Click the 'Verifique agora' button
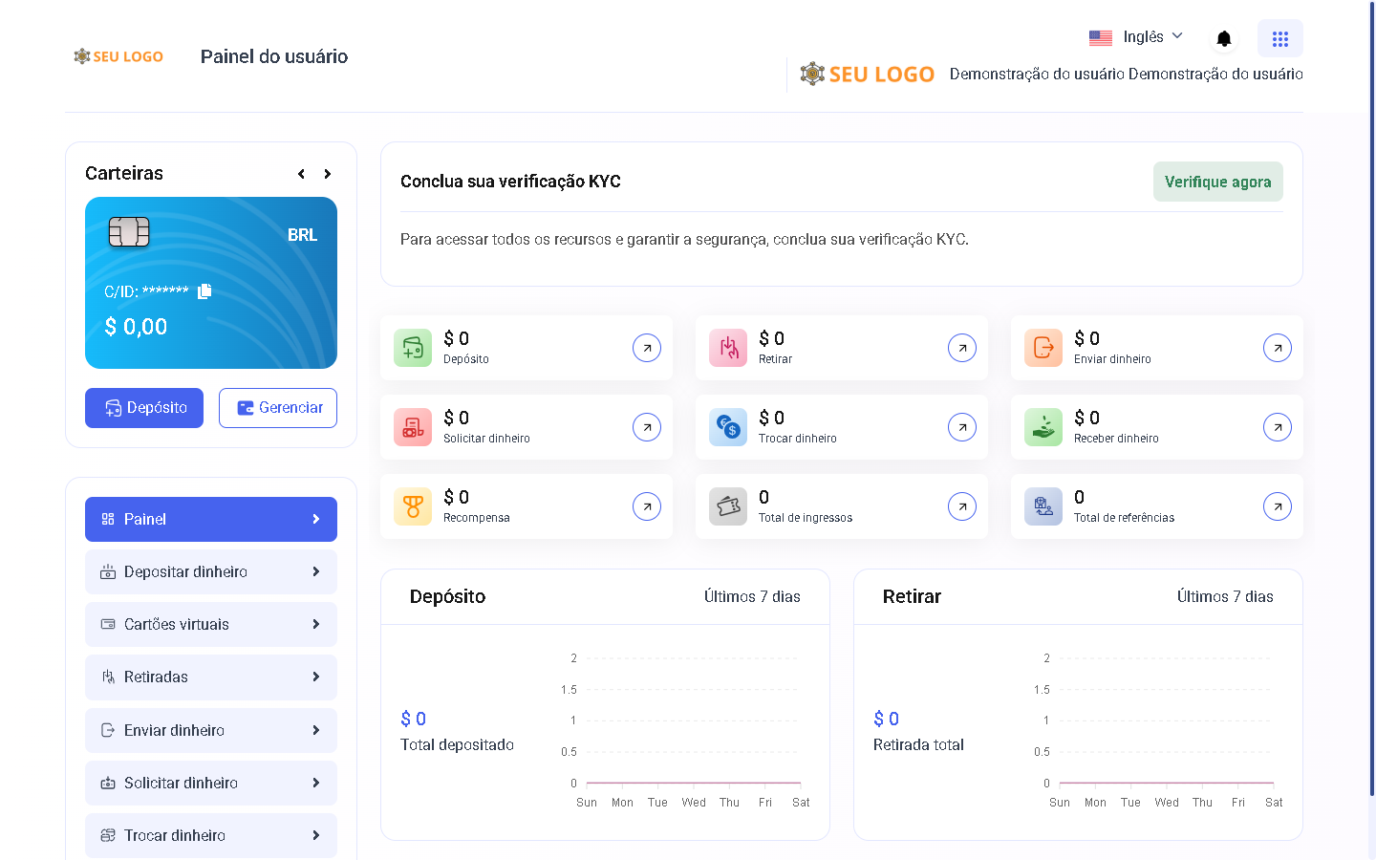pyautogui.click(x=1217, y=182)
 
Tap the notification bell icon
pyautogui.click(x=1223, y=39)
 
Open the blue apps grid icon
pyautogui.click(x=1279, y=39)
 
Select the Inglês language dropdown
pyautogui.click(x=1136, y=37)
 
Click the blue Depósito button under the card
pyautogui.click(x=144, y=408)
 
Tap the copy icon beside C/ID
pyautogui.click(x=204, y=291)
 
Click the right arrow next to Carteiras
pyautogui.click(x=328, y=174)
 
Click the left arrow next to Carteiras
pyautogui.click(x=301, y=174)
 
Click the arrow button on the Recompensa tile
pyautogui.click(x=647, y=506)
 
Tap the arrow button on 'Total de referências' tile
pyautogui.click(x=1278, y=506)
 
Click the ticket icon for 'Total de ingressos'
pyautogui.click(x=728, y=506)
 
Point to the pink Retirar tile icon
pyautogui.click(x=728, y=348)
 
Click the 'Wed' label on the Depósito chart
pyautogui.click(x=694, y=803)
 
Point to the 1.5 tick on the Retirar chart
pyautogui.click(x=1042, y=690)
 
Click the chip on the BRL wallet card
pyautogui.click(x=129, y=232)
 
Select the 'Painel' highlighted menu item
pyautogui.click(x=211, y=519)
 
